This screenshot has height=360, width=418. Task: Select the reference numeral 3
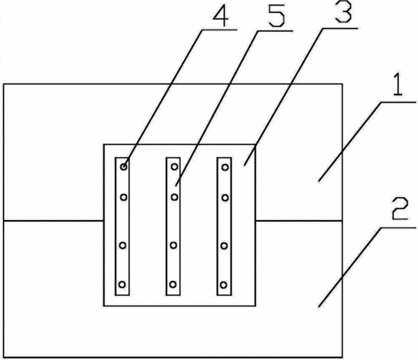pyautogui.click(x=344, y=12)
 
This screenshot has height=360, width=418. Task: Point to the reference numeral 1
pyautogui.click(x=398, y=85)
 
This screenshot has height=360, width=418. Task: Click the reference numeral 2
pyautogui.click(x=400, y=209)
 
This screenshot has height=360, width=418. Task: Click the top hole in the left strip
pyautogui.click(x=123, y=167)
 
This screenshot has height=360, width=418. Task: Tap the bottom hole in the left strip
pyautogui.click(x=122, y=285)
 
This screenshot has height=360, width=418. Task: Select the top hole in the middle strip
pyautogui.click(x=175, y=167)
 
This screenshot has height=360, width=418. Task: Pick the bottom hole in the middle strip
pyautogui.click(x=173, y=285)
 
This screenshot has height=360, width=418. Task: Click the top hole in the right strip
pyautogui.click(x=225, y=167)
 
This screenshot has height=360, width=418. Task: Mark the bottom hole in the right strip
pyautogui.click(x=223, y=285)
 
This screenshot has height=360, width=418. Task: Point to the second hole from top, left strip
pyautogui.click(x=123, y=198)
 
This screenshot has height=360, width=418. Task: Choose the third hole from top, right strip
pyautogui.click(x=224, y=246)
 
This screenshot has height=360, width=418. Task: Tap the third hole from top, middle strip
pyautogui.click(x=174, y=246)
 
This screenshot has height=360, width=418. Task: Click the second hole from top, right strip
pyautogui.click(x=225, y=198)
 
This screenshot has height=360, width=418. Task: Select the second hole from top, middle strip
pyautogui.click(x=175, y=198)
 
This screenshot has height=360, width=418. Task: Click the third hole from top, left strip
pyautogui.click(x=123, y=246)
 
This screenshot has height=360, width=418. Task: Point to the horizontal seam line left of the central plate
pyautogui.click(x=54, y=221)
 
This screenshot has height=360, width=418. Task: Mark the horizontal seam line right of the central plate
pyautogui.click(x=299, y=221)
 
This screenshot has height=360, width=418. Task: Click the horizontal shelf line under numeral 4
pyautogui.click(x=219, y=30)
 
